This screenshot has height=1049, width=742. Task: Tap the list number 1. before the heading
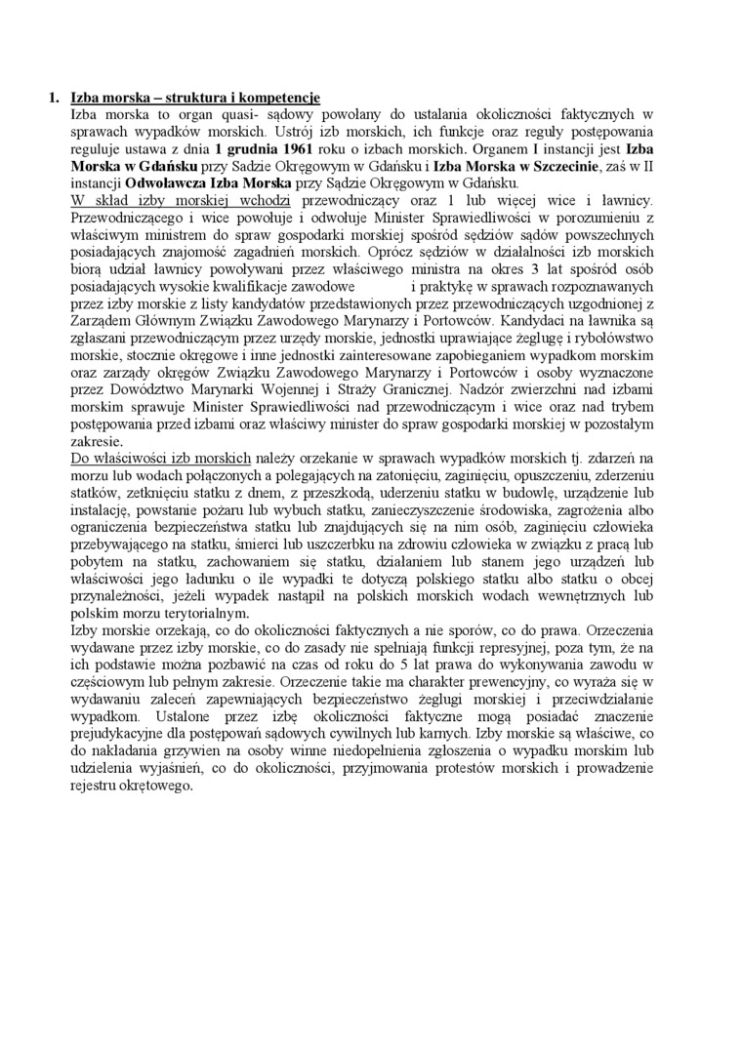(x=55, y=98)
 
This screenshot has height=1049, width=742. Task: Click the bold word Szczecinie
(x=551, y=169)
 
